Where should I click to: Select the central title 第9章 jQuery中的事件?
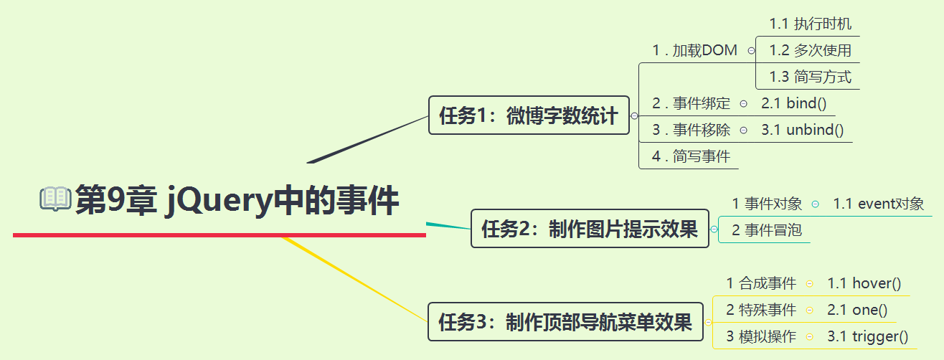237,199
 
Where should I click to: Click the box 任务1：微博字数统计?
529,115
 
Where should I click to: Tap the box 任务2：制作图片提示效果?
590,229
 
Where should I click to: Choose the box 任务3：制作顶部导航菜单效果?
565,321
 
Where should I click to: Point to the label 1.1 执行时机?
811,24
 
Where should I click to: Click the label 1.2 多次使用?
811,50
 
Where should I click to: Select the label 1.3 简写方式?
811,77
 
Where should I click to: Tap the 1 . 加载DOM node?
694,50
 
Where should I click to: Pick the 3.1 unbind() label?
802,130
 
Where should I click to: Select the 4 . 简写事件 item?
691,156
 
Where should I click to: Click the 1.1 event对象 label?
879,204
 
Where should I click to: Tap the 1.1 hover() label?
864,283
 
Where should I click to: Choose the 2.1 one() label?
857,310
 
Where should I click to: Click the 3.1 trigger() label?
867,336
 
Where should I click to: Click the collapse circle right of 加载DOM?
751,50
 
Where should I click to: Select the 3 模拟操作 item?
761,336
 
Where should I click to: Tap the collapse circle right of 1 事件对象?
816,204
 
